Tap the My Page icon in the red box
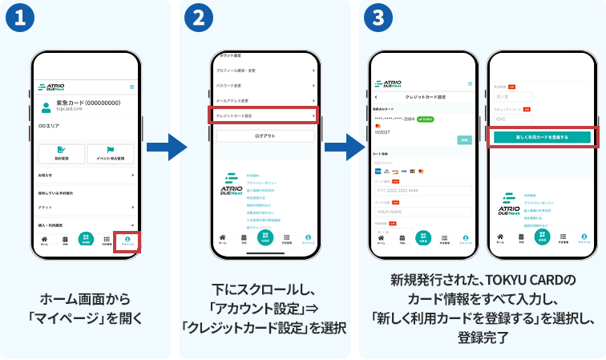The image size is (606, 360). (128, 240)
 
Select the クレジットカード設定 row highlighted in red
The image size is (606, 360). (265, 115)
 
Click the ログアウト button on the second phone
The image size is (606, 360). (265, 137)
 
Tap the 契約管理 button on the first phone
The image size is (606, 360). (61, 153)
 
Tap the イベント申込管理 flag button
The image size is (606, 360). (111, 153)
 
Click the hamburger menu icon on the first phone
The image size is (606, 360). (132, 86)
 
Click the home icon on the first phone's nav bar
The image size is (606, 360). (44, 239)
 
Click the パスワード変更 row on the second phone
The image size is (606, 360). (265, 84)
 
